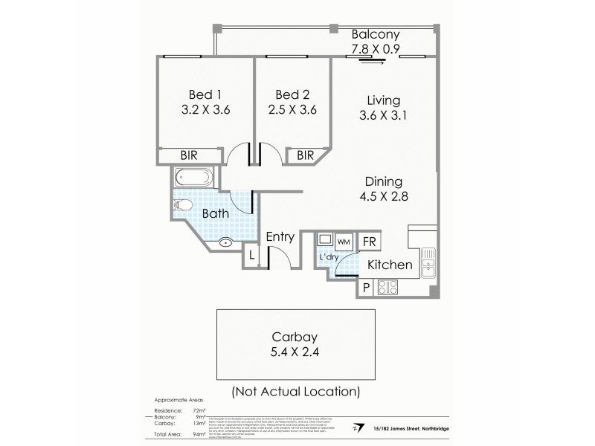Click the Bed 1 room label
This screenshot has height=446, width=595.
coord(205,94)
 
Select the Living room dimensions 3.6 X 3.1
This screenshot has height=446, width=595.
coord(384,116)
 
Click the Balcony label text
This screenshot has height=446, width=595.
coord(376,34)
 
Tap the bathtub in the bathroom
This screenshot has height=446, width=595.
coord(194,178)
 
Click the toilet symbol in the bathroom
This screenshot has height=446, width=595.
coord(184,204)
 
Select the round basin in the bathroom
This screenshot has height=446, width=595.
coord(227,242)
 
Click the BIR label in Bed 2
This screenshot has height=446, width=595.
coord(305,155)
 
